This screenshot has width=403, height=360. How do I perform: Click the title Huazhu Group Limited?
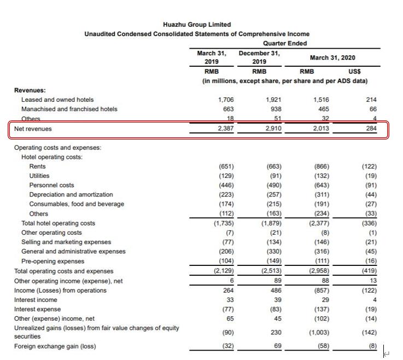click(197, 25)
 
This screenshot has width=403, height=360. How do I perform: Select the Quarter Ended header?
click(285, 43)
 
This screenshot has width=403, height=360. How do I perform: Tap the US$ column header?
click(354, 71)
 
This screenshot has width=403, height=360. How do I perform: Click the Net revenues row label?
click(33, 129)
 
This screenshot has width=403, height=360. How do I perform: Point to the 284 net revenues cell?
click(370, 129)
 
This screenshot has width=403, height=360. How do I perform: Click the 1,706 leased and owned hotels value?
click(226, 100)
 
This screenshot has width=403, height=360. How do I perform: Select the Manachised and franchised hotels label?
click(69, 109)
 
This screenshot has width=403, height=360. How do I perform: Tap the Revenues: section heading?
click(30, 90)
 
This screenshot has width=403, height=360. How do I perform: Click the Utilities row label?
click(39, 176)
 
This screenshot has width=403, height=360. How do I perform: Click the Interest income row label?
click(36, 300)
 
